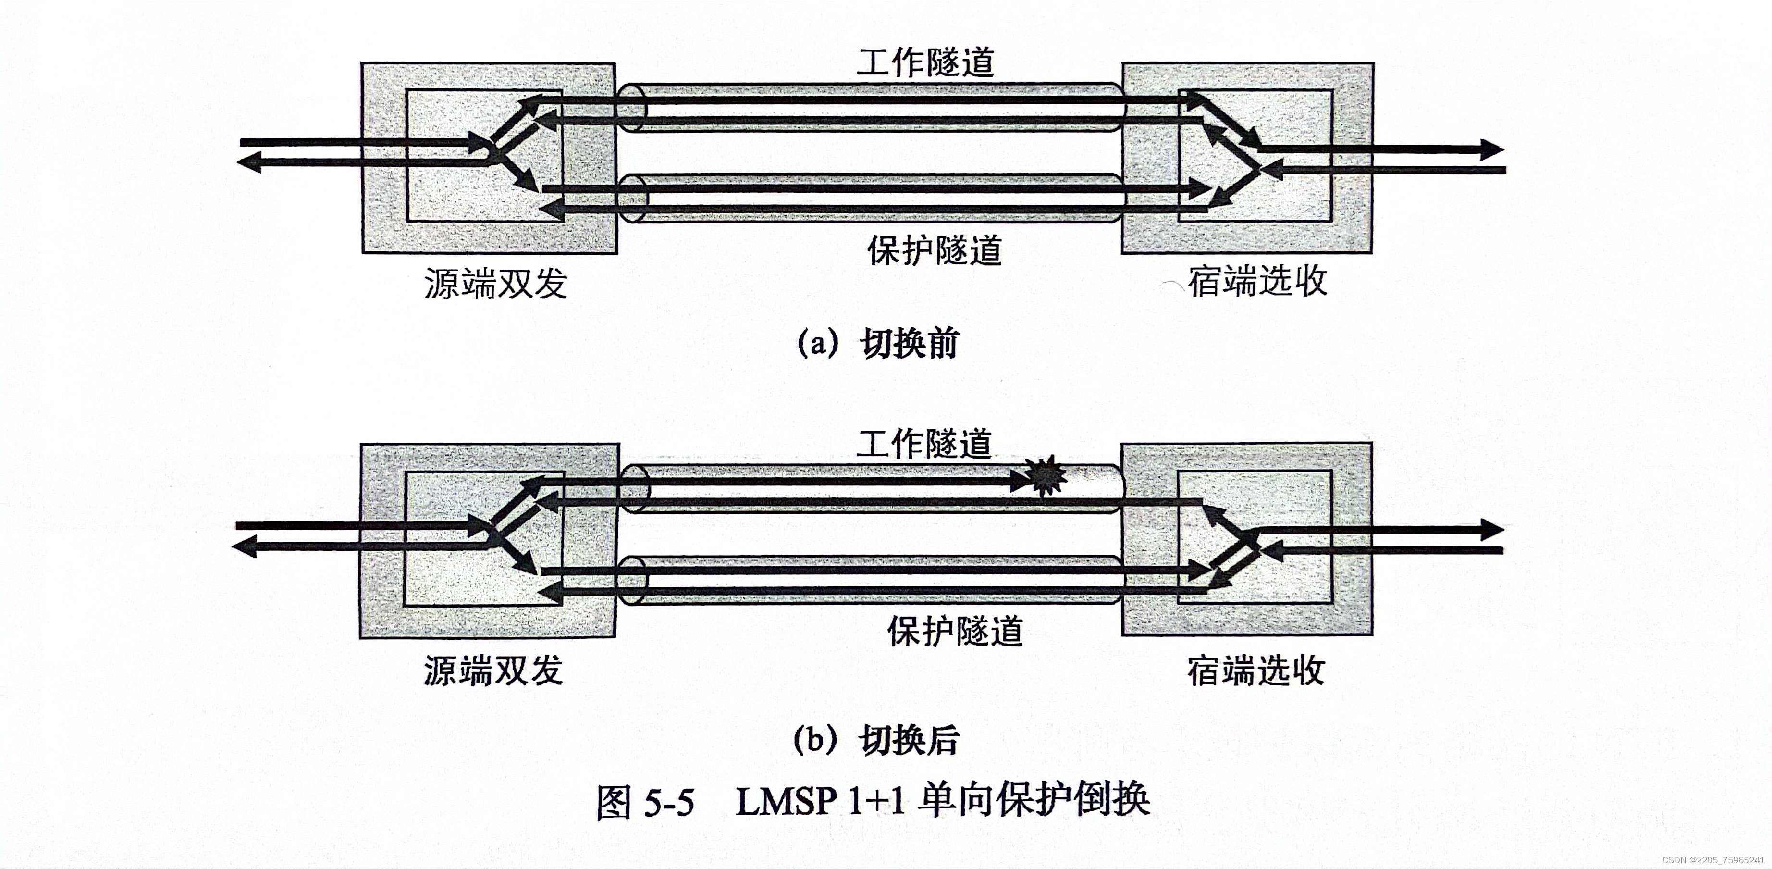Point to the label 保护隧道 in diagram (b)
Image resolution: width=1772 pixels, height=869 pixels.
pos(954,631)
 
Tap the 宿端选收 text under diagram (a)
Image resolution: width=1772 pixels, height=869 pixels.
pos(1257,281)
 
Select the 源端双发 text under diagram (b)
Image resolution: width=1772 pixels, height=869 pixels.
pos(492,670)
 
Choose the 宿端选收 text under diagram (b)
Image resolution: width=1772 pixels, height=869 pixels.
pos(1255,670)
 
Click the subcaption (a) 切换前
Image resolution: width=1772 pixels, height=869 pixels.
pos(877,343)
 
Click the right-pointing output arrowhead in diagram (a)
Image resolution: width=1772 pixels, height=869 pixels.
pos(1491,149)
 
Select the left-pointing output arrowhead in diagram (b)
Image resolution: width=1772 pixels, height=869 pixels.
pos(243,547)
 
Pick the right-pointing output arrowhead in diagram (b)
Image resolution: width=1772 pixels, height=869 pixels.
pos(1491,530)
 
